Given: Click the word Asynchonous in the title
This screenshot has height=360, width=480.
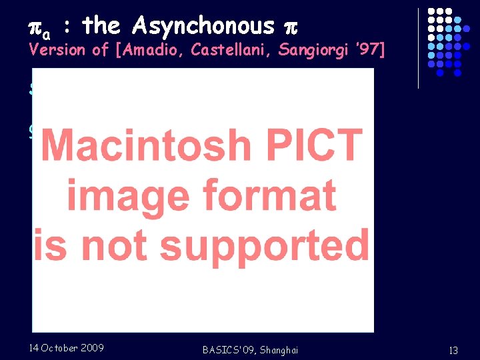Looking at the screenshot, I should [203, 26].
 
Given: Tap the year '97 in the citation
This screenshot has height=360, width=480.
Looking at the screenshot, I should [369, 49].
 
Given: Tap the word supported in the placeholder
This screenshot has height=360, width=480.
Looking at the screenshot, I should [265, 245].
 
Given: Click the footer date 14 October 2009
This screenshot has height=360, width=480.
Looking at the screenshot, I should [66, 347].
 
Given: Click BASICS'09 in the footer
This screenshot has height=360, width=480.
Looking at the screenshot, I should [226, 350].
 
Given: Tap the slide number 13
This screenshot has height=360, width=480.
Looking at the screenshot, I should [453, 351].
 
